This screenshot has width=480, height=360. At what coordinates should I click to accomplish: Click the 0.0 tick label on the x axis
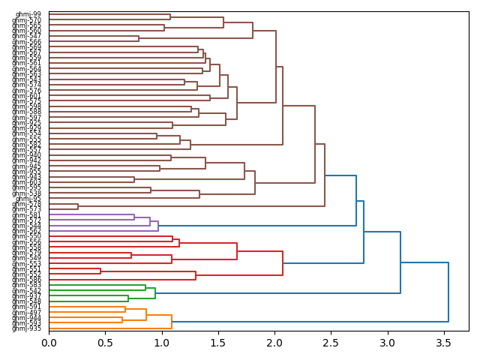pos(49,343)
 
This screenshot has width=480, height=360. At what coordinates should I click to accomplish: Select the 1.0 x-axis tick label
pos(161,343)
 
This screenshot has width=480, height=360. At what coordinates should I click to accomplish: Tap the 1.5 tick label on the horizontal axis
pos(217,343)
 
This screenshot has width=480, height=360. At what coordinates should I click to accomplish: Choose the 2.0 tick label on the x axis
pos(274,343)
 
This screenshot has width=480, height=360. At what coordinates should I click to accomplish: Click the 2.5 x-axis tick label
pos(331,343)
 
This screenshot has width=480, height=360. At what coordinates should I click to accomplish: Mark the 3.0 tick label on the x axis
pos(387,343)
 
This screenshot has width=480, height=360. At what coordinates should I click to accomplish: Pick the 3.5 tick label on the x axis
pos(443,343)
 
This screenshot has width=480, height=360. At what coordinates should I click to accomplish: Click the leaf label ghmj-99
pos(28,14)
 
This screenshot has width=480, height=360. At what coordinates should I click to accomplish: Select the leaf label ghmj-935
pos(27,328)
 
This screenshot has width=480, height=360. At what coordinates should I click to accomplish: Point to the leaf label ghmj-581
pos(27,215)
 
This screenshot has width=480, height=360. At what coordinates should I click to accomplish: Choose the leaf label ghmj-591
pos(27,307)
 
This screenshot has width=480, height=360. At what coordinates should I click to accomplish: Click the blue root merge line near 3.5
pos(448,292)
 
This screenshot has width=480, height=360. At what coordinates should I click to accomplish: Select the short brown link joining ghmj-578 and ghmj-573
pos(78,206)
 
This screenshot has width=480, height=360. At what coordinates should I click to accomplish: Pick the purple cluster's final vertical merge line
pos(158,226)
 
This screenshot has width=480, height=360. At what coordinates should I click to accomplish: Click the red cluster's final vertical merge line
pos(283,263)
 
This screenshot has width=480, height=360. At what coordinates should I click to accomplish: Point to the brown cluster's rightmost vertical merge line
pos(325,175)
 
